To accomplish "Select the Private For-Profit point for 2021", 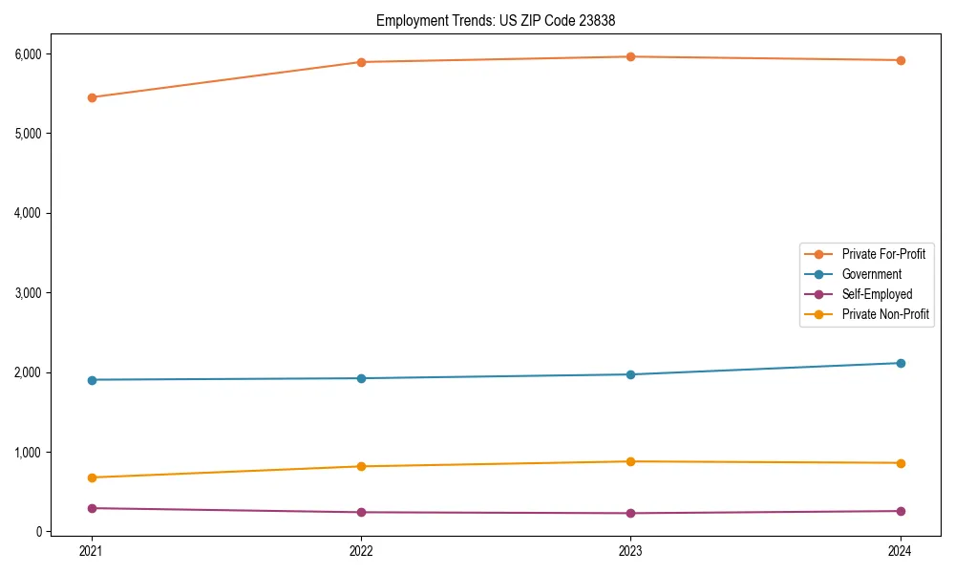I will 92,97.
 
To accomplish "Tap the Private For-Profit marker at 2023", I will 630,57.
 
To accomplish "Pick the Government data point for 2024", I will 900,363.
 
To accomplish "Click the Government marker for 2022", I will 361,378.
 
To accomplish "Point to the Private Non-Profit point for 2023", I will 630,461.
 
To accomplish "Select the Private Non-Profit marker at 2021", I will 92,477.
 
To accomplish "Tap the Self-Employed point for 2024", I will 900,511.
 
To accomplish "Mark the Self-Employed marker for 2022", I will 361,512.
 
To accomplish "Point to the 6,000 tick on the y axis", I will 28,53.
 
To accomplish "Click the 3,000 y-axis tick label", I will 28,292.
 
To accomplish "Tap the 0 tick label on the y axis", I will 38,532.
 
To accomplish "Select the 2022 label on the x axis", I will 361,550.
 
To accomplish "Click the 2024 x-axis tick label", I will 900,550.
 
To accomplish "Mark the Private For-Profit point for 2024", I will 900,60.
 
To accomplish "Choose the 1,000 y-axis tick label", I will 28,452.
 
